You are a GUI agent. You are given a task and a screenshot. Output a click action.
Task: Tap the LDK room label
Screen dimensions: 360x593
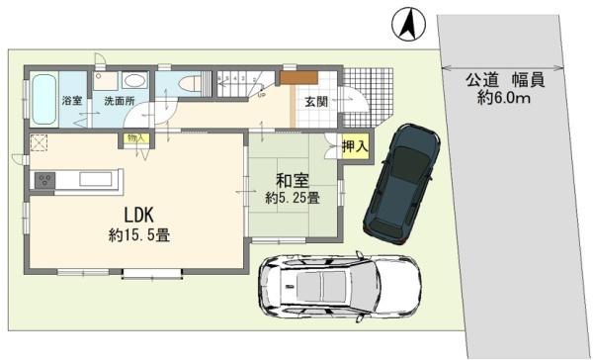pos(139,215)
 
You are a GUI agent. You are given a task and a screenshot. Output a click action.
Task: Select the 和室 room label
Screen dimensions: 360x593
pos(291,180)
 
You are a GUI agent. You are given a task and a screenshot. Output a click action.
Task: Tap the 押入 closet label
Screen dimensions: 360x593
pos(356,146)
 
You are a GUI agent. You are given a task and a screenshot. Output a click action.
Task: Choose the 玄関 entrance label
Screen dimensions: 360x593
pos(316,102)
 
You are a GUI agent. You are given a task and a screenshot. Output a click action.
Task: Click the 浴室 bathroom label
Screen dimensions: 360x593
pos(71,101)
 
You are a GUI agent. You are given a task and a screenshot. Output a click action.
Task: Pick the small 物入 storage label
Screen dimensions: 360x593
pos(135,139)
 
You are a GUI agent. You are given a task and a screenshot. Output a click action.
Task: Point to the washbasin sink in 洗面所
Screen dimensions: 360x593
pos(135,80)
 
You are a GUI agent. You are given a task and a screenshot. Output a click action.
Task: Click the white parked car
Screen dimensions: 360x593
pos(336,286)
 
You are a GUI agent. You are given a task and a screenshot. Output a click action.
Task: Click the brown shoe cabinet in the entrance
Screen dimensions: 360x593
pos(296,77)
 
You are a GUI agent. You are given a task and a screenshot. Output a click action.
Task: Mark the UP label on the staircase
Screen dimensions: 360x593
pos(260,96)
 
